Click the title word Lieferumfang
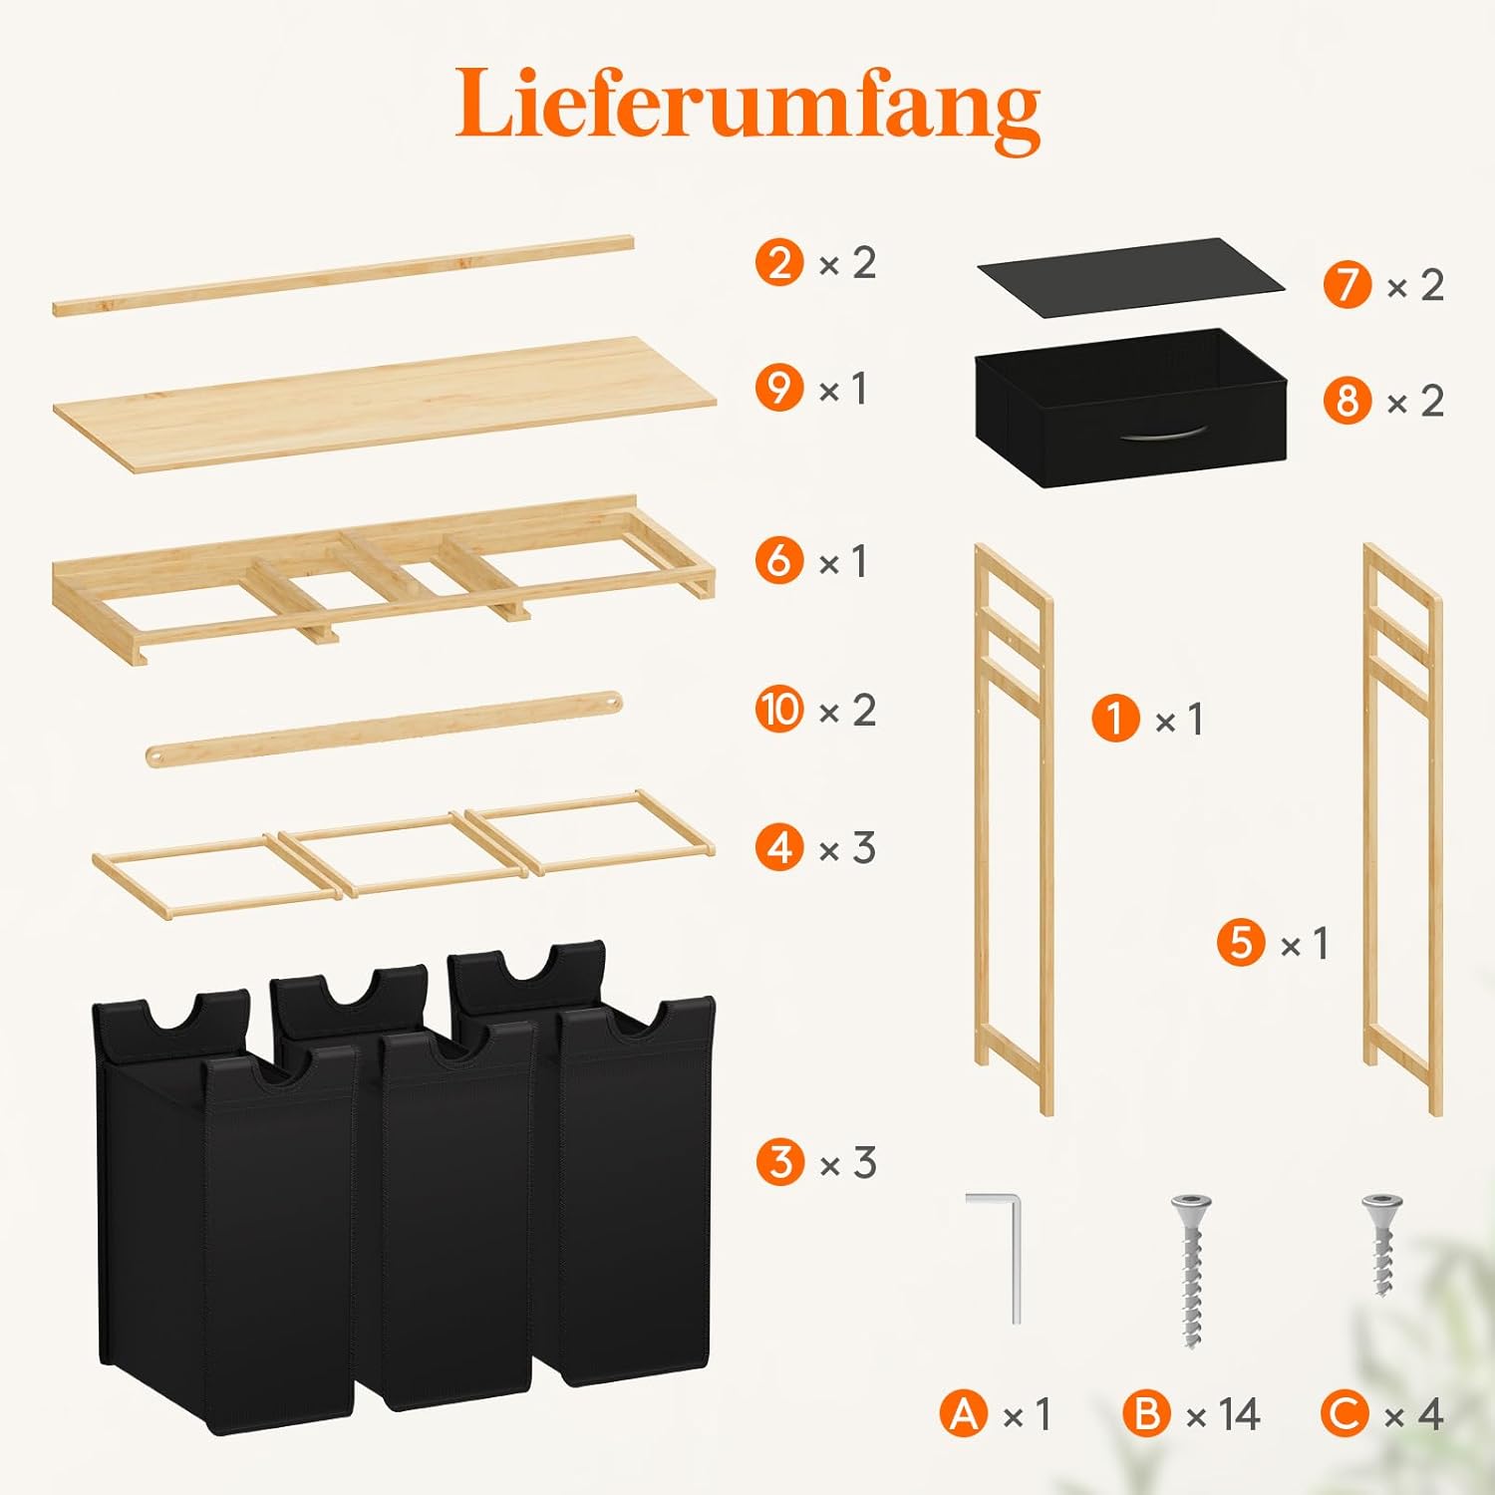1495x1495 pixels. click(747, 108)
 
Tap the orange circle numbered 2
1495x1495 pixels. click(779, 263)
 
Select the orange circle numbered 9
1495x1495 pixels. click(779, 389)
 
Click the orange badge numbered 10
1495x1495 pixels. click(779, 710)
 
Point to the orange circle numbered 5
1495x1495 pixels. click(1241, 943)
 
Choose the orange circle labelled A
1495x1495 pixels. click(964, 1414)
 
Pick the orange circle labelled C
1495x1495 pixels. click(1345, 1414)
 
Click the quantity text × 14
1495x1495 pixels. click(1224, 1414)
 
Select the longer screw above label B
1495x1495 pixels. click(1192, 1271)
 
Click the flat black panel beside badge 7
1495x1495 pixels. click(1130, 278)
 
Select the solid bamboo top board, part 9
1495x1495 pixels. click(384, 401)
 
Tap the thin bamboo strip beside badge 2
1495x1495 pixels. click(343, 275)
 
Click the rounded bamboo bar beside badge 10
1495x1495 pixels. click(384, 729)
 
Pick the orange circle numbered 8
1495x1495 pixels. click(1347, 401)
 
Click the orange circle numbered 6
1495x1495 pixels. click(779, 561)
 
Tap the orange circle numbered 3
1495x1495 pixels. click(779, 1162)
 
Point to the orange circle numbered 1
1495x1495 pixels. click(1115, 719)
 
